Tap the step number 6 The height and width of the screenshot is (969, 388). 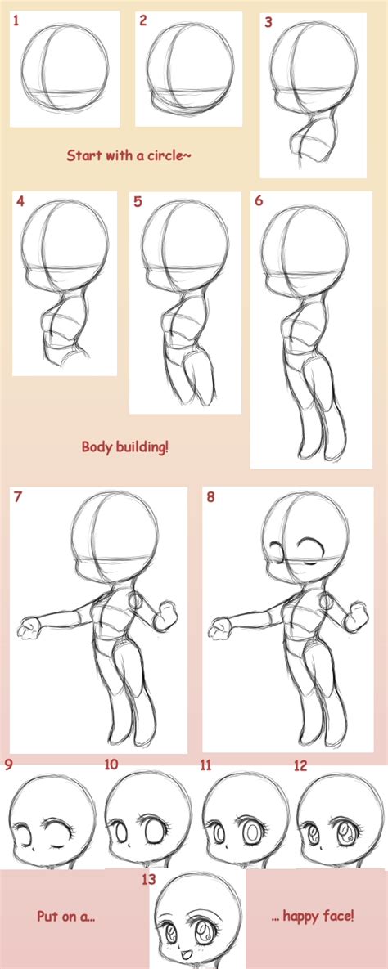259,200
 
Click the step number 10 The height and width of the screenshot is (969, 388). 111,765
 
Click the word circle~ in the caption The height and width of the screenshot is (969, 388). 168,155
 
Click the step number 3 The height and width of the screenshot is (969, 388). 268,23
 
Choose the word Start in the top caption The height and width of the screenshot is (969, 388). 83,155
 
